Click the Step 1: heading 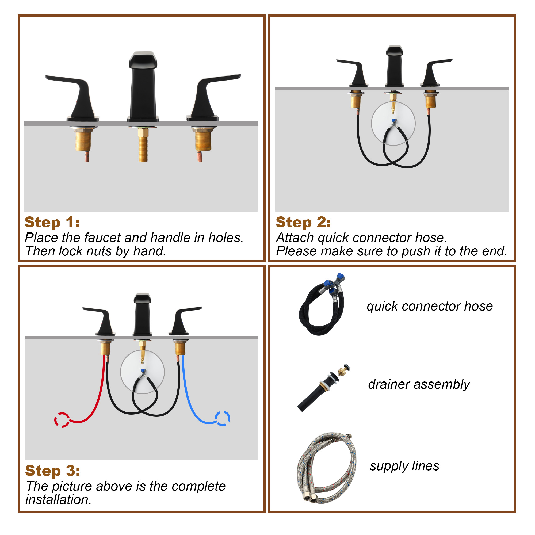(x=52, y=222)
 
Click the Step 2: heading (x=303, y=222)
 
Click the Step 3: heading (x=53, y=471)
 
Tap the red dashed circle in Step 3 (x=62, y=420)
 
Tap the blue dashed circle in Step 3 (x=223, y=418)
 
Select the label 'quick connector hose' (x=430, y=306)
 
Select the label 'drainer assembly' (x=419, y=384)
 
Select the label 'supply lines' (x=404, y=466)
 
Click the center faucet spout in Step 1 (x=143, y=87)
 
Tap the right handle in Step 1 (x=213, y=97)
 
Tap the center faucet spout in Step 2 (x=394, y=66)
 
